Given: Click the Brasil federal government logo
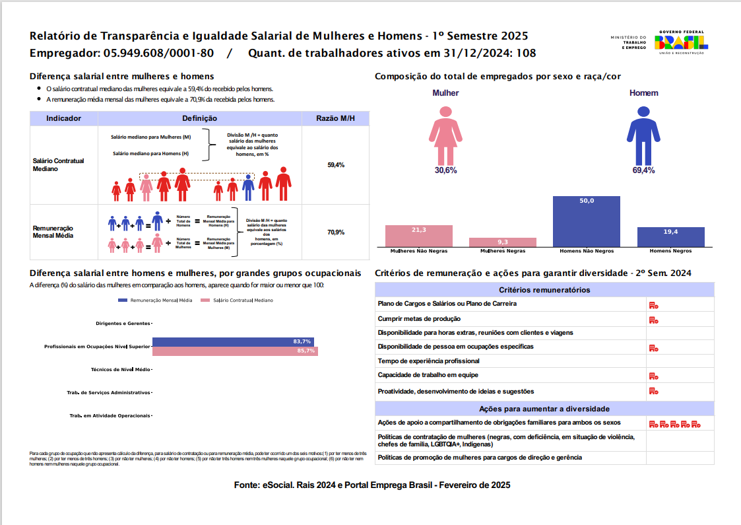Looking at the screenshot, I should click(x=680, y=42).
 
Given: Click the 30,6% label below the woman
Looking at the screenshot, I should click(x=445, y=170).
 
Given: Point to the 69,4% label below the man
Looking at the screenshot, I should click(x=643, y=170).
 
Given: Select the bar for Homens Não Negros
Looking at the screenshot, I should click(x=586, y=221).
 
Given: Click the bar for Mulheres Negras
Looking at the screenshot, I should click(x=502, y=242).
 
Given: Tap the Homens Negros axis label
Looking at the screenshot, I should click(x=670, y=252).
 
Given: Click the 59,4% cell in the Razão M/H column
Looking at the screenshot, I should click(x=336, y=165).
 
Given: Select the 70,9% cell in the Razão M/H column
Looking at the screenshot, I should click(x=336, y=232).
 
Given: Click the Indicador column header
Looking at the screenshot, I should click(x=63, y=119).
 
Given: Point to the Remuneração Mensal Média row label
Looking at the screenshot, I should click(x=53, y=231).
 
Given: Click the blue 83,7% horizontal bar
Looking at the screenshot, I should click(x=233, y=341).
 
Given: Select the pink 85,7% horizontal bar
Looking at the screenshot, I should click(x=235, y=351).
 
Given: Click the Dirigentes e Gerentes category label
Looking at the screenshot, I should click(x=123, y=324).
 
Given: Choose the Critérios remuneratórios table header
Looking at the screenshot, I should click(x=544, y=290).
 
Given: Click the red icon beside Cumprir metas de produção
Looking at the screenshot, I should click(x=653, y=320).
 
